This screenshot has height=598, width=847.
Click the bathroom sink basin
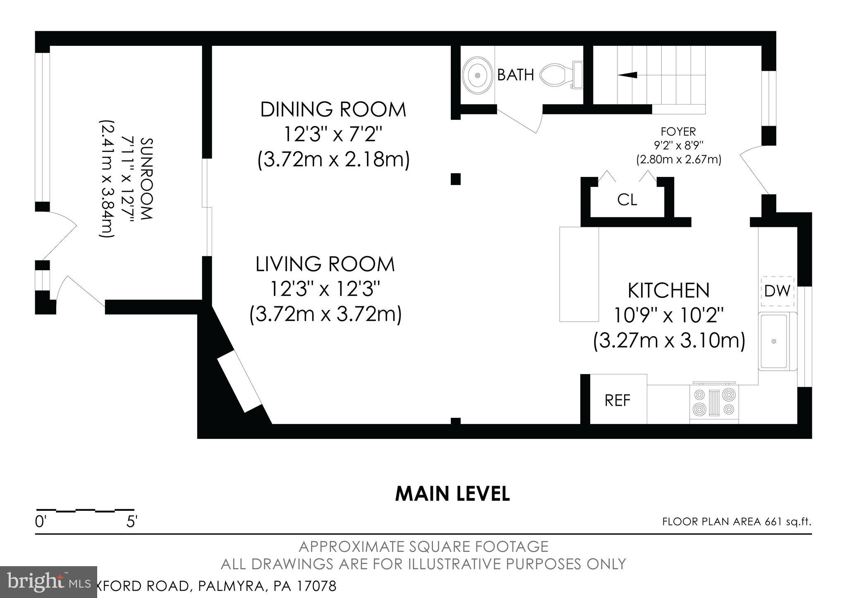[x=478, y=76]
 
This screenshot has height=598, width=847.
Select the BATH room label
[x=515, y=75]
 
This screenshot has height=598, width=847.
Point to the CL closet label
[x=627, y=200]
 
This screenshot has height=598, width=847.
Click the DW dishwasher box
[x=777, y=291]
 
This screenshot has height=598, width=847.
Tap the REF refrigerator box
[x=617, y=400]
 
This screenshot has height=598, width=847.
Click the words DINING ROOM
[x=333, y=110]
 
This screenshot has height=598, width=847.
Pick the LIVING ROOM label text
[x=325, y=264]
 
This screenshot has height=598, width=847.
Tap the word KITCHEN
[x=668, y=291]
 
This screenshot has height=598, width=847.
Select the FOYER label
[x=678, y=131]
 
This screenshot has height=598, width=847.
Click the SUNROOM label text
[x=147, y=179]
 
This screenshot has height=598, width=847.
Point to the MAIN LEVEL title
[x=452, y=494]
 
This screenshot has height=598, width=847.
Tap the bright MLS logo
[x=48, y=582]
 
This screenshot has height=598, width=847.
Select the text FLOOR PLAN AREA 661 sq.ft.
[x=737, y=522]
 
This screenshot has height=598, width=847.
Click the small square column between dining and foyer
[x=455, y=179]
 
